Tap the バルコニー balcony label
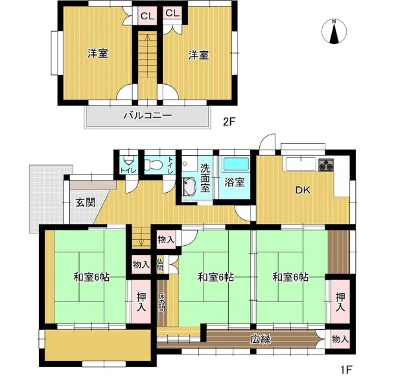pos(147,116)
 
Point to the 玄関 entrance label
pos(85,202)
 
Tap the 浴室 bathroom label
pos(235,182)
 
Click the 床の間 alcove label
pos(162,301)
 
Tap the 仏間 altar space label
pos(159,265)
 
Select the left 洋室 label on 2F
pos(98,54)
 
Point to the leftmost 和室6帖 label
pos(91,277)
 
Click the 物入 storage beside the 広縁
pos(340,338)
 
